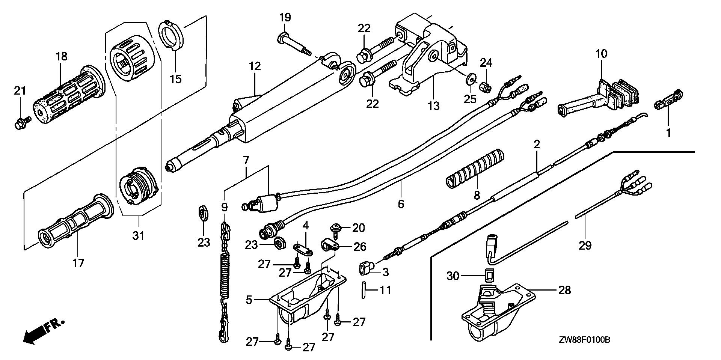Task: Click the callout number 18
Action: click(x=62, y=57)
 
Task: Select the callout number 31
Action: click(x=139, y=236)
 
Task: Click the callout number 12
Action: click(x=255, y=66)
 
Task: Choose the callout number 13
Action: click(x=433, y=106)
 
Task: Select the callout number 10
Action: click(x=601, y=54)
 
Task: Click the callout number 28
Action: click(x=564, y=290)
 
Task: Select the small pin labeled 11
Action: click(x=364, y=290)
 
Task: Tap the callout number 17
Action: click(x=78, y=264)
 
